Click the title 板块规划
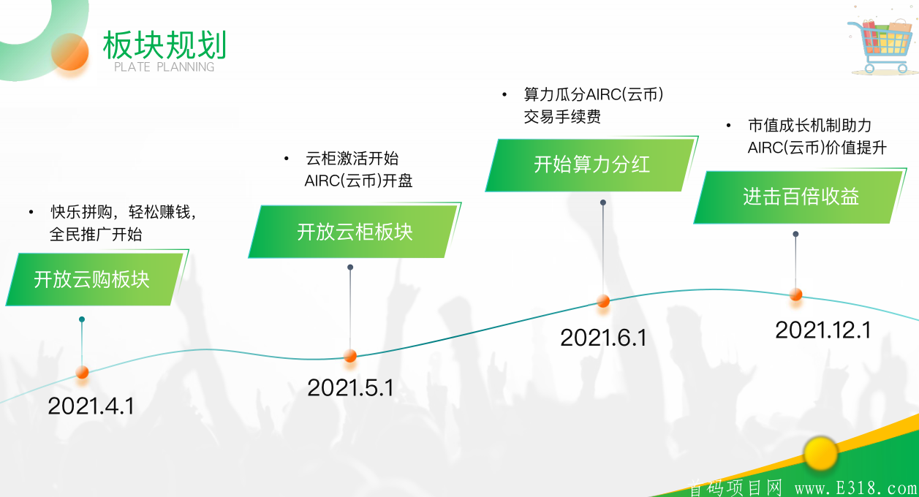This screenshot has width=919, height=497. click(x=164, y=45)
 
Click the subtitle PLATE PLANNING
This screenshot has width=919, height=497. click(x=164, y=67)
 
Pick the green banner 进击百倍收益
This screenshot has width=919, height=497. click(x=799, y=197)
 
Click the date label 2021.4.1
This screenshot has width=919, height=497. click(x=91, y=406)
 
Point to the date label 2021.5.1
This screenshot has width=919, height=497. click(x=350, y=387)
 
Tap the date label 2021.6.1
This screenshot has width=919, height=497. click(x=603, y=338)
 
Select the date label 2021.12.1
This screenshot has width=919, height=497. click(x=823, y=330)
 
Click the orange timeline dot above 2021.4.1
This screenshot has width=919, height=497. click(x=83, y=372)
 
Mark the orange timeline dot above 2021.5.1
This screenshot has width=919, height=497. click(x=350, y=355)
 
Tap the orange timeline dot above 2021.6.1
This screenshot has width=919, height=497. click(x=603, y=301)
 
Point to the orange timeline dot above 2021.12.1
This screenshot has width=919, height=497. click(x=796, y=295)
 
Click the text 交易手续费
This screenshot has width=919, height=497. click(x=562, y=117)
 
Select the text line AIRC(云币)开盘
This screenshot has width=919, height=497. click(x=358, y=181)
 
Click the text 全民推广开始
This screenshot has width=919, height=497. click(x=96, y=235)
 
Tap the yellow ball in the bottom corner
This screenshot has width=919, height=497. click(x=820, y=454)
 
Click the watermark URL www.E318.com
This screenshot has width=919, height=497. click(x=856, y=488)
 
